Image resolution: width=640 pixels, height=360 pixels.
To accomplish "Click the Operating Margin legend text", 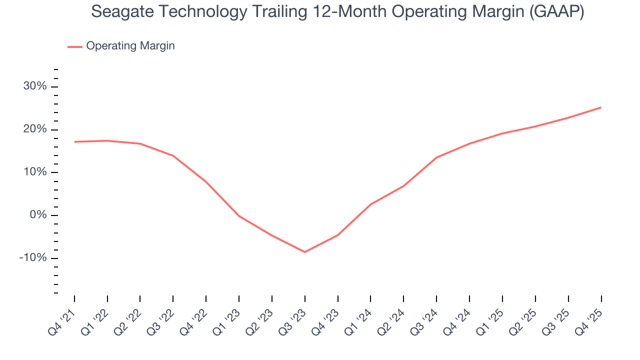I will coord(130,46).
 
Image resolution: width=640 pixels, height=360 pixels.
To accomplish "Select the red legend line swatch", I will coord(75,46).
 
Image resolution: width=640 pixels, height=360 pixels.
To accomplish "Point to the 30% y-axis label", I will coord(35,86).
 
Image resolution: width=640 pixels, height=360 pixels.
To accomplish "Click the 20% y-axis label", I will coord(35,129).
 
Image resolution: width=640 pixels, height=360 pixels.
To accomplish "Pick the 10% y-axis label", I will coord(35,172).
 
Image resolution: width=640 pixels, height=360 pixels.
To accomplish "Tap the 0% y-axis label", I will coord(38,215).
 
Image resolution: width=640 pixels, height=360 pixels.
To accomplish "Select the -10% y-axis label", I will coord(33,258).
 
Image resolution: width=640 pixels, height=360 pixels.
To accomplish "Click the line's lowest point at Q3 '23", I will coord(305,252).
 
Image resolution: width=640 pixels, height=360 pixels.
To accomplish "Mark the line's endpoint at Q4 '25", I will coord(601,107).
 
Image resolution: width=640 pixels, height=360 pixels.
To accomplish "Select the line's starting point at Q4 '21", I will coord(74,142).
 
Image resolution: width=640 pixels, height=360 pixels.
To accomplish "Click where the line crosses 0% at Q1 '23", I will coord(239,216).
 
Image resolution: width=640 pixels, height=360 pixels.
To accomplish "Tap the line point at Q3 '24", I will coord(436,157).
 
